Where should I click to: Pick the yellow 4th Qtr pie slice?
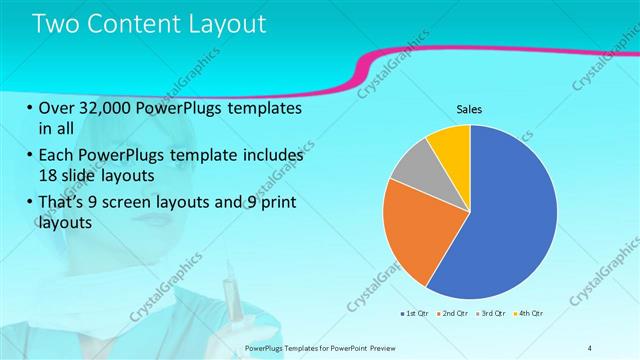tap(449, 142)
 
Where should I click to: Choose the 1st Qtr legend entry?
tap(415, 314)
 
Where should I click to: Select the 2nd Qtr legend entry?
tap(453, 314)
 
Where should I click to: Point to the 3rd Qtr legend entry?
tap(491, 314)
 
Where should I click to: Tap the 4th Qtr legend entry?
tap(528, 314)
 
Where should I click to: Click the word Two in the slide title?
tap(59, 24)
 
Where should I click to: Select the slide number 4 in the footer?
tap(589, 347)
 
